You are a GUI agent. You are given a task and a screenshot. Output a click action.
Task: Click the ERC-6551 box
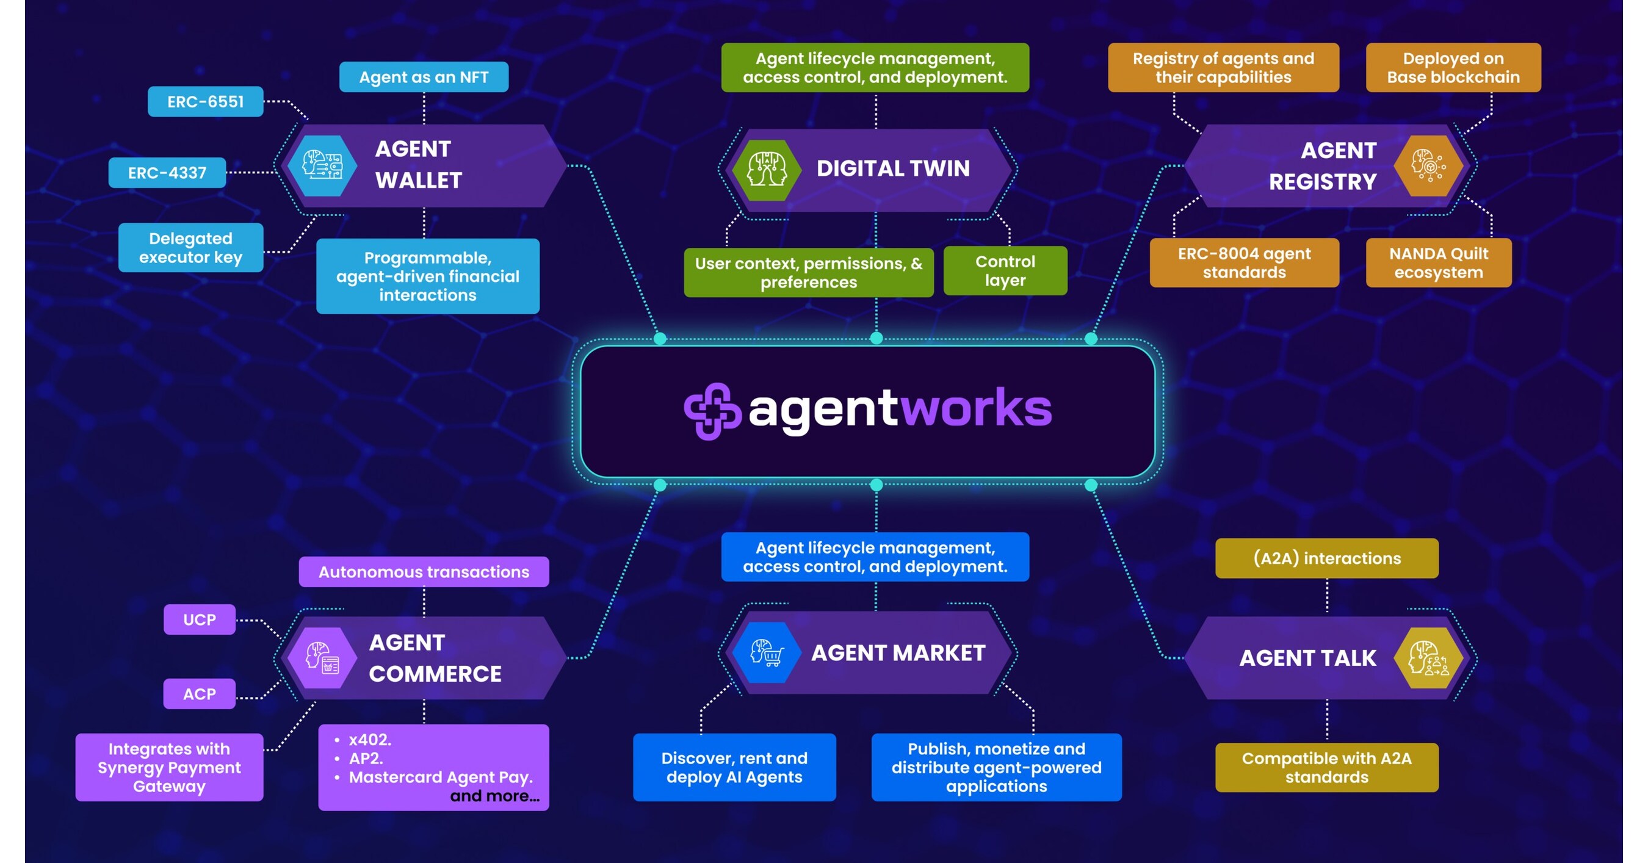[x=205, y=102]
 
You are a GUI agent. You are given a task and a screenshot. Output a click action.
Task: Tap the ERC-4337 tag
[x=167, y=173]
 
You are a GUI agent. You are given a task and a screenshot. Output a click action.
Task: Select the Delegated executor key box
[x=190, y=248]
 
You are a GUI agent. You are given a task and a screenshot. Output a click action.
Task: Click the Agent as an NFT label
[x=424, y=78]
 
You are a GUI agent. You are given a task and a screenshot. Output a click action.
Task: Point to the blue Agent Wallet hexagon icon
[x=322, y=165]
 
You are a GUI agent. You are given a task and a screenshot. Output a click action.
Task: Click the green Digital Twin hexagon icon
[x=767, y=170]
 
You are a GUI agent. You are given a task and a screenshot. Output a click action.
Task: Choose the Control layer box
[x=1005, y=270]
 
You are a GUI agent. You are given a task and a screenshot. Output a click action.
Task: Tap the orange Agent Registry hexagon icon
[x=1428, y=165]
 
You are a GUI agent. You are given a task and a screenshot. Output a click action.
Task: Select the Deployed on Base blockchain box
[x=1453, y=68]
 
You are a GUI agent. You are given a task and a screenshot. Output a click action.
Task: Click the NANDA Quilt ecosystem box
[x=1438, y=263]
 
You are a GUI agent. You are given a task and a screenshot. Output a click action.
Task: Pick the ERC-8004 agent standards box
[x=1244, y=263]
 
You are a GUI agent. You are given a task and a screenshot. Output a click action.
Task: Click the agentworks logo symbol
[x=712, y=411]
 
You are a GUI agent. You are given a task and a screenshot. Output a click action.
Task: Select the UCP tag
[x=200, y=619]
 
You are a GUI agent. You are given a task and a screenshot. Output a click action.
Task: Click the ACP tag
[x=200, y=693]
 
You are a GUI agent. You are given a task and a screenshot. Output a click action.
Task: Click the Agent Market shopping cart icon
[x=767, y=652]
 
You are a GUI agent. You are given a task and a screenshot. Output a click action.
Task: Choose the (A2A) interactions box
[x=1326, y=558]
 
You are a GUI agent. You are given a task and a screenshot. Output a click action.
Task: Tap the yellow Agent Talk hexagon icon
[x=1428, y=658]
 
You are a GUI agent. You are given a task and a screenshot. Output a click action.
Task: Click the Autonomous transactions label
[x=424, y=572]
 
